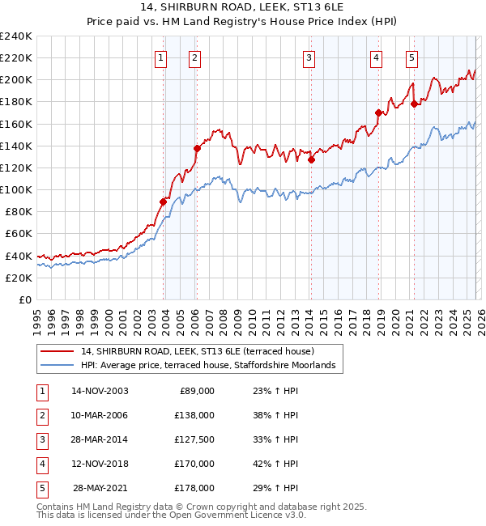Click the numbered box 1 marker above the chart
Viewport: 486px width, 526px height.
pos(161,57)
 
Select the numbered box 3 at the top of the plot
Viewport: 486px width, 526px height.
pos(309,57)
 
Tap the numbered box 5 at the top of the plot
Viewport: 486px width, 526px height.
pos(412,57)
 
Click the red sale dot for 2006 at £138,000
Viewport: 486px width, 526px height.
pos(197,148)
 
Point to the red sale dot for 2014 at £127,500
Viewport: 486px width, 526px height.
pos(311,159)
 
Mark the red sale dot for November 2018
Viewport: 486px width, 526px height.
pos(378,112)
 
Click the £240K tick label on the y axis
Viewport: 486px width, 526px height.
pos(16,36)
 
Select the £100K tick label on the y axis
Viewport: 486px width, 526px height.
pos(16,189)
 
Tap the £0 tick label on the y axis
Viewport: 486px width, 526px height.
pos(23,299)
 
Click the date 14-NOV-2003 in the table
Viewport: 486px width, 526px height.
pos(100,391)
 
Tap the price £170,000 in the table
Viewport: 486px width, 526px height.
pos(194,464)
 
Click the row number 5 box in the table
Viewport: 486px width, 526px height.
pos(40,488)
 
